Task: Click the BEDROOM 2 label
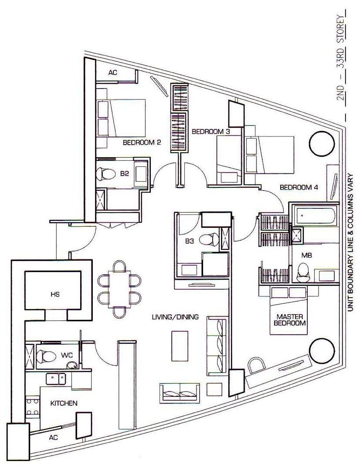tap(142, 143)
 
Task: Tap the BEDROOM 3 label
tap(211, 132)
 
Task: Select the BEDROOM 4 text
tap(299, 187)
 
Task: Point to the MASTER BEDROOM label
tap(289, 320)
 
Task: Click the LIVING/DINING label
tap(175, 317)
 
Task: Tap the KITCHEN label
tap(64, 403)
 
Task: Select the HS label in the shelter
tap(55, 294)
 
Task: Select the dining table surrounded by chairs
tap(119, 289)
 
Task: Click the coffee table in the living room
tap(180, 346)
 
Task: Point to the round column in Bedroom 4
tap(321, 143)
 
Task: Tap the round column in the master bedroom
tap(322, 351)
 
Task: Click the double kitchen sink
tap(56, 379)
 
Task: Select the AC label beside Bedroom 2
tap(113, 72)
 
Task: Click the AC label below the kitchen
tap(53, 437)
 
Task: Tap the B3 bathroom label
tap(189, 241)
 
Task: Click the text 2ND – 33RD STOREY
tap(341, 59)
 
